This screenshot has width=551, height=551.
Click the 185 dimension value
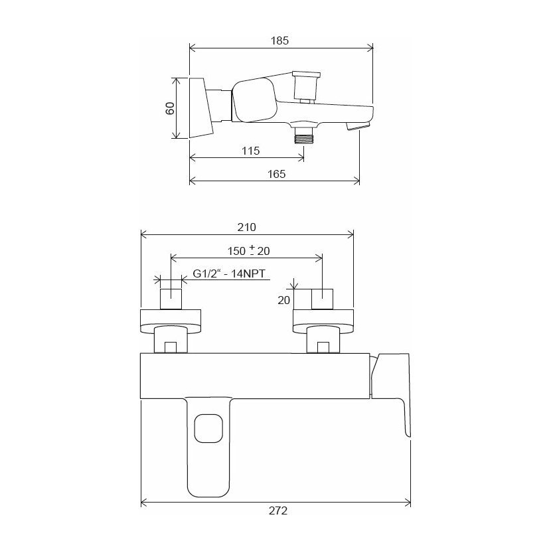(279, 40)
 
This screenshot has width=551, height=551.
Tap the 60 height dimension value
(170, 108)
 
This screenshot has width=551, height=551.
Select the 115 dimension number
(250, 151)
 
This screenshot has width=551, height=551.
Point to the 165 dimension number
(277, 174)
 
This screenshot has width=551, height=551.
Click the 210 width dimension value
(247, 227)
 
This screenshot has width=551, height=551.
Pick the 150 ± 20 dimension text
(249, 250)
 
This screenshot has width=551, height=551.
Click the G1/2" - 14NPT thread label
(229, 274)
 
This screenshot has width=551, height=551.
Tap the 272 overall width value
(278, 511)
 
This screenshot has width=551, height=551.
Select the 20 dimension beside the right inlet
(284, 300)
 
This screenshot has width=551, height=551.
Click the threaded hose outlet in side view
(304, 135)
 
